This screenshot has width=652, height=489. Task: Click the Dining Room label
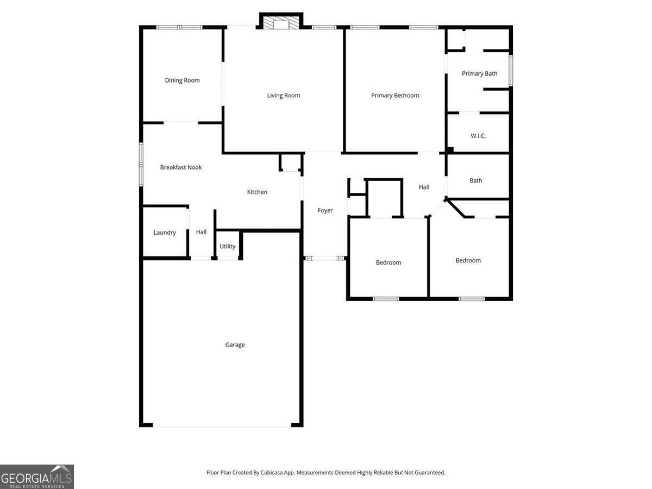(x=182, y=80)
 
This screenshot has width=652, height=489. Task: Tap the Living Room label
(x=284, y=95)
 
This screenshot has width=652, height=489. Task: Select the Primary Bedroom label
(x=395, y=95)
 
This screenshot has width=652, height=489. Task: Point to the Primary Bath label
(x=479, y=74)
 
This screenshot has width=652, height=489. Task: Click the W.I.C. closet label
(x=478, y=136)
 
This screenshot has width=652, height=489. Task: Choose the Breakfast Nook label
(x=181, y=167)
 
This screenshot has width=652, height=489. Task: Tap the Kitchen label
(x=257, y=192)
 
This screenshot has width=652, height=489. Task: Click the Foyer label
(x=325, y=210)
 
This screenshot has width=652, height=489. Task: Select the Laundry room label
(x=165, y=233)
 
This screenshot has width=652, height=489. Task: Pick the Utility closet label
(x=227, y=246)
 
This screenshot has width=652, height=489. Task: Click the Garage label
(x=235, y=344)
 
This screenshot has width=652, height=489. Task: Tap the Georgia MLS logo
(x=37, y=477)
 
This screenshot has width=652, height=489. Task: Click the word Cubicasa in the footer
(x=272, y=472)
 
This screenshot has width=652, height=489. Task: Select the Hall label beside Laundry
(x=201, y=232)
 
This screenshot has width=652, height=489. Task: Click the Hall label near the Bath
(x=424, y=187)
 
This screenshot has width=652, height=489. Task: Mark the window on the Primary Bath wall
(x=511, y=71)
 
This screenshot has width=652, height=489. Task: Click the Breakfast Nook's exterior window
(x=141, y=165)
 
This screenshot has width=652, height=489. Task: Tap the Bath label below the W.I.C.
(x=475, y=180)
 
